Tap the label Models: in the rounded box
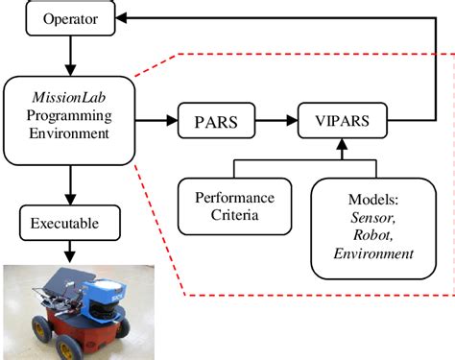pyautogui.click(x=367, y=196)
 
